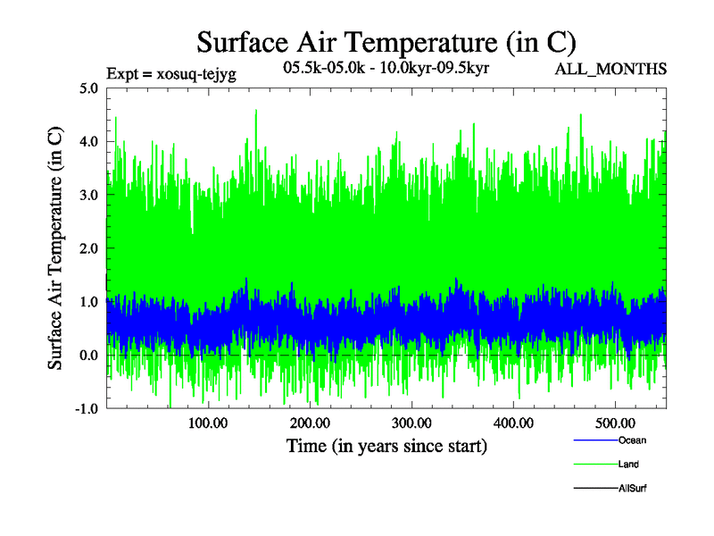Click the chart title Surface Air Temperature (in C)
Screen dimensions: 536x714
386,42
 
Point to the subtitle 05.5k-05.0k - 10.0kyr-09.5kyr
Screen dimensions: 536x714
385,67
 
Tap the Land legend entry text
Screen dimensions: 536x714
628,465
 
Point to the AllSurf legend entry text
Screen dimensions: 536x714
632,489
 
